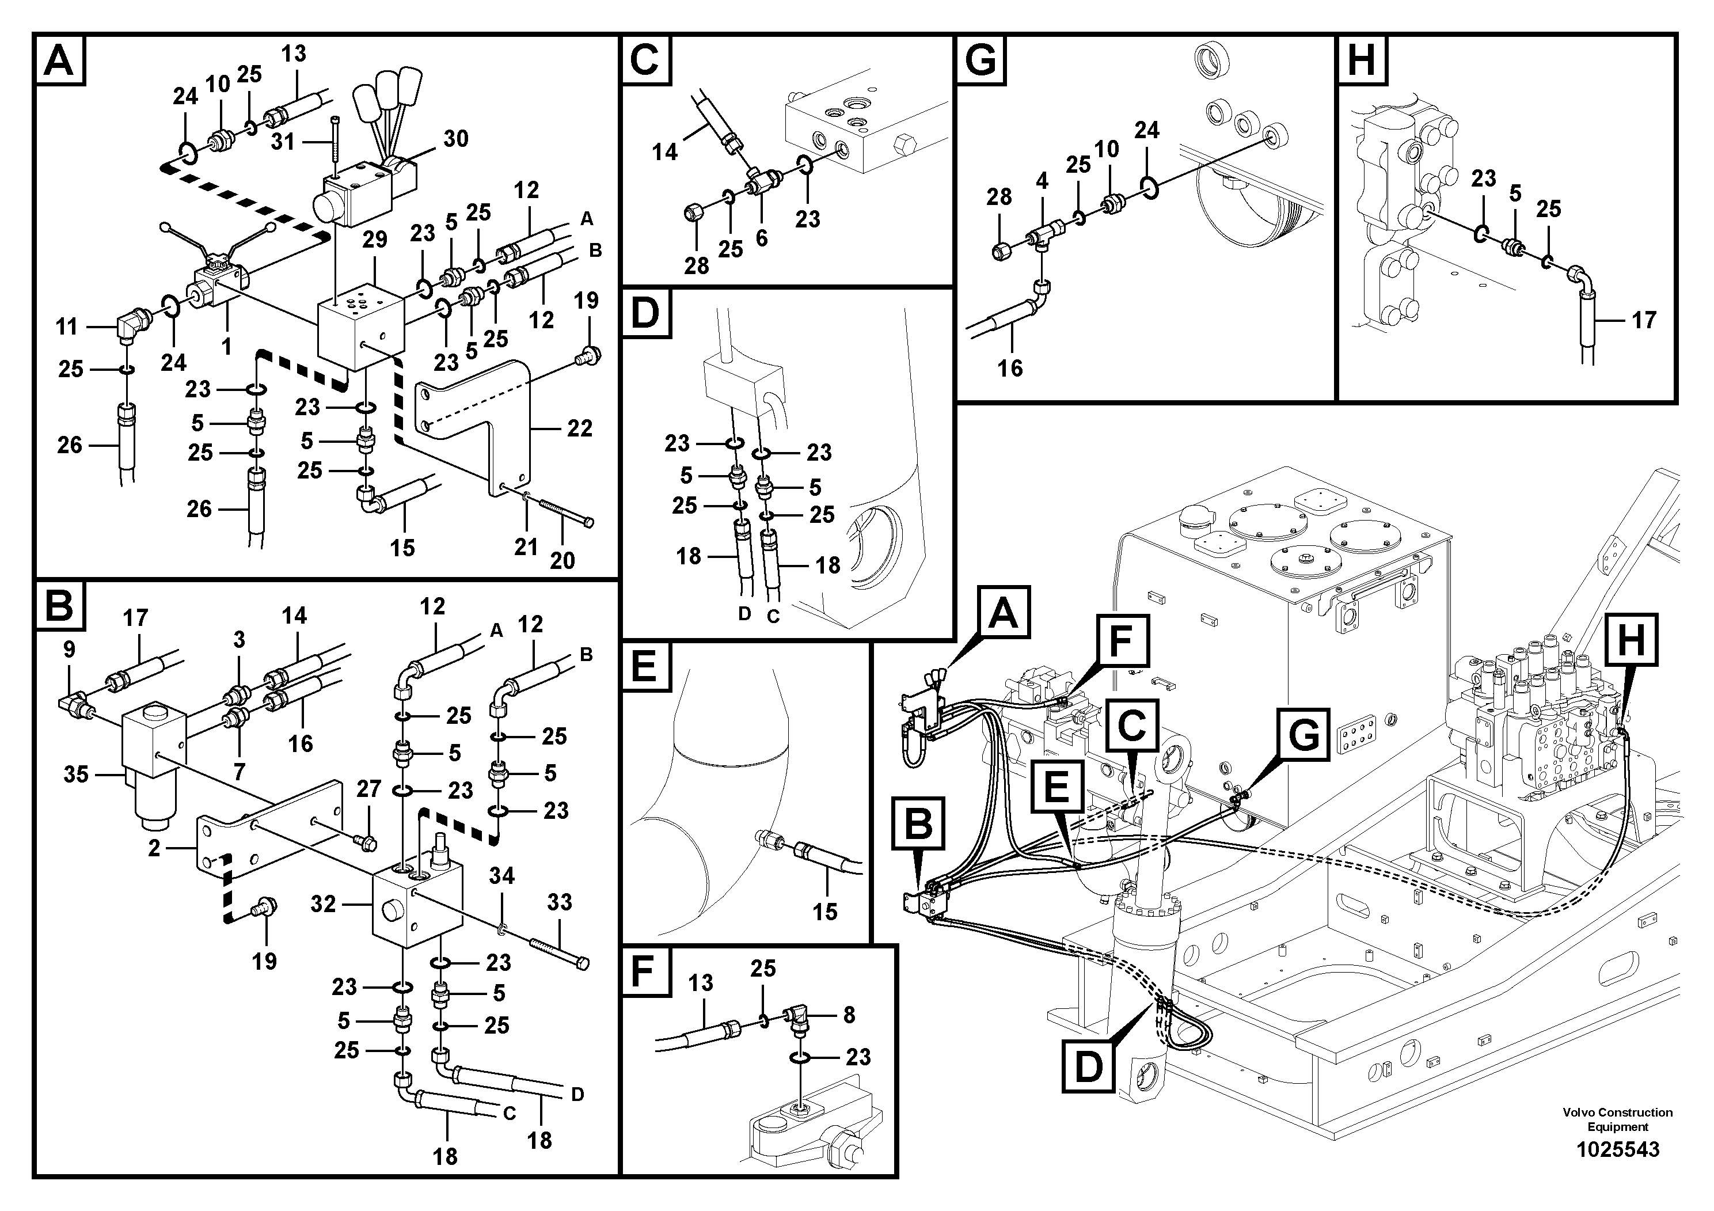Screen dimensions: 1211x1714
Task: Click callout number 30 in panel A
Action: pos(455,139)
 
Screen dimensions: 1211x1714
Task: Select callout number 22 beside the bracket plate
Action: pos(579,428)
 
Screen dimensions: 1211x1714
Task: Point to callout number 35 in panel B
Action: pos(75,775)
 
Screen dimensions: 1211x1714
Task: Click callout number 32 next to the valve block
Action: pos(322,904)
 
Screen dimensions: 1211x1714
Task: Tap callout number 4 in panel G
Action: pos(1042,181)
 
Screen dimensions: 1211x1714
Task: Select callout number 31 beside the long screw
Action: pos(283,141)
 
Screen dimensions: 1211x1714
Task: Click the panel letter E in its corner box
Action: pos(644,667)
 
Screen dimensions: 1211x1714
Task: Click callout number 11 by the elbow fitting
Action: pos(66,327)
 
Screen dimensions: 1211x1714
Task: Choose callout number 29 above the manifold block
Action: pos(374,240)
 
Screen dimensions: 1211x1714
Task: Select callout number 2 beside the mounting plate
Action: pos(154,848)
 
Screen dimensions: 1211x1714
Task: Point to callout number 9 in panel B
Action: pos(69,650)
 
